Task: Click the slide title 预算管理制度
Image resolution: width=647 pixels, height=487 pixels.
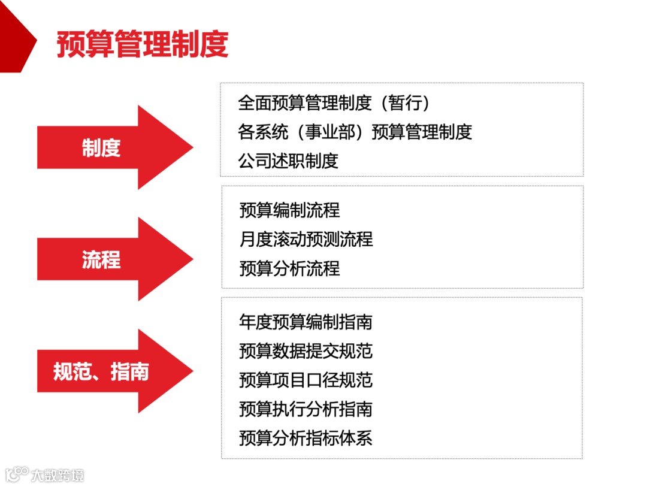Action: coord(143,45)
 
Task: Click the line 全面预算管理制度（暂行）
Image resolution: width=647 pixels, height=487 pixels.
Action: coord(334,103)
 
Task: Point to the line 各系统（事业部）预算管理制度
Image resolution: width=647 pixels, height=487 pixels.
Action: coord(355,132)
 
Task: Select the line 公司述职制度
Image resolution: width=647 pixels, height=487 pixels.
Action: coord(288,161)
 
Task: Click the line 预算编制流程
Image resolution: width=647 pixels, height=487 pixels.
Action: coord(289,210)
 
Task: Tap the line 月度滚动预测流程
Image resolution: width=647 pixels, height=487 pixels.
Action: coord(306,239)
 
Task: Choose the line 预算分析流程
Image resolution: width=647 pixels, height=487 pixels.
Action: coord(289,268)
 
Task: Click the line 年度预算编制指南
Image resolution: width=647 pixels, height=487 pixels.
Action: coord(306,322)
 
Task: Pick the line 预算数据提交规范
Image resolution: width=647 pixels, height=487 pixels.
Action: coord(306,351)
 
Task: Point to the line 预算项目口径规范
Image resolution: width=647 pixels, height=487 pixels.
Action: coord(306,380)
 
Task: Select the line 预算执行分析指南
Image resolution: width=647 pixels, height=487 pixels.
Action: coord(306,409)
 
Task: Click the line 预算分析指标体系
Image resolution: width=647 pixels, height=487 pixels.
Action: coord(306,438)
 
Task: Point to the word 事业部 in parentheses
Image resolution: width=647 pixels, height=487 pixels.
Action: coord(331,132)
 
